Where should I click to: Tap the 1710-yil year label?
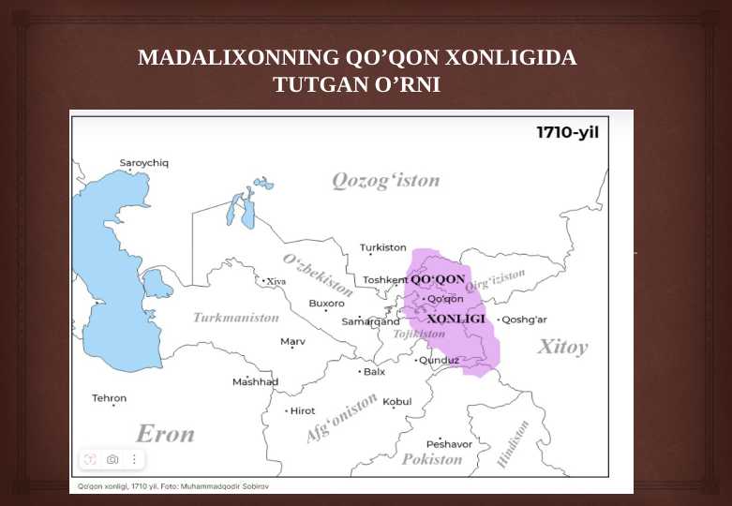(566, 132)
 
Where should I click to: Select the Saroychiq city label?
(143, 163)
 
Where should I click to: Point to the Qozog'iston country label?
(385, 180)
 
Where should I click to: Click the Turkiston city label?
(382, 247)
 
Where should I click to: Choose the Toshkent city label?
(384, 279)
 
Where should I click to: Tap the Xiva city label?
(276, 281)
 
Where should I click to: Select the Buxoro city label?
(326, 303)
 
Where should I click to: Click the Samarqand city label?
(370, 321)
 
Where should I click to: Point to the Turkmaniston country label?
(235, 318)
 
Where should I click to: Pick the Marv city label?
(292, 341)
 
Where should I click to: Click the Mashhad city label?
(255, 381)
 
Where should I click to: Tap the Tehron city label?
(109, 398)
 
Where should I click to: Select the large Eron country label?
(165, 434)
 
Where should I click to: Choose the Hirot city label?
(302, 410)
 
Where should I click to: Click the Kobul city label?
(396, 402)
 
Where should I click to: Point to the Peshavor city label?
(448, 443)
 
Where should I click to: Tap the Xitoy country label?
(562, 347)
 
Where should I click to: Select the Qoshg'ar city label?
(524, 320)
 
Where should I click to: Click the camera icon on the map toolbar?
(112, 459)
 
